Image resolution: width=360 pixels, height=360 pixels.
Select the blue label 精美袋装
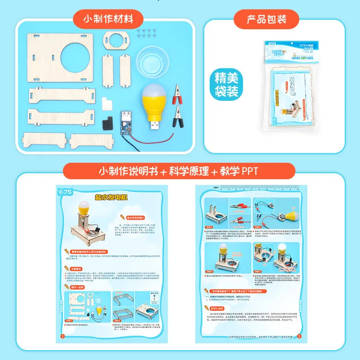pyautogui.click(x=226, y=85)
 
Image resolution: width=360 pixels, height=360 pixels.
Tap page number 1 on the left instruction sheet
pyautogui.click(x=63, y=335)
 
